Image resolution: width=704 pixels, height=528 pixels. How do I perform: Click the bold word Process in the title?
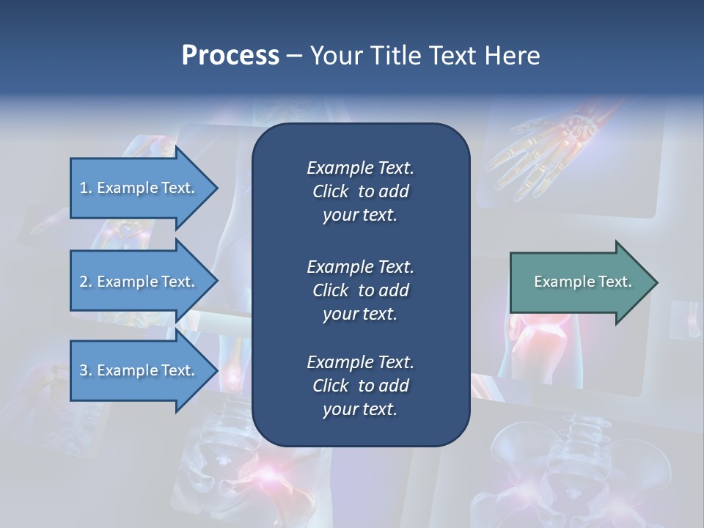pos(230,55)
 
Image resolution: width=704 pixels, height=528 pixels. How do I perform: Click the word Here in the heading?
pos(513,55)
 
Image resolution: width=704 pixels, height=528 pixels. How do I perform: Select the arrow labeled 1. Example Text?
pos(139,188)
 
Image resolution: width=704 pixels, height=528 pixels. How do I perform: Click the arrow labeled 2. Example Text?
pos(139,282)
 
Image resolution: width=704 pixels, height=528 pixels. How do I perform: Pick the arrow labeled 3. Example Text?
pos(139,370)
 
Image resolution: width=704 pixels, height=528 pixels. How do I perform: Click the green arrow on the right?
pos(579,282)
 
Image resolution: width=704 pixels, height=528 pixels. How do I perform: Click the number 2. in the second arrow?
pos(85,282)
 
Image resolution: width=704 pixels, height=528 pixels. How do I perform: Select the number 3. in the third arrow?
pos(85,370)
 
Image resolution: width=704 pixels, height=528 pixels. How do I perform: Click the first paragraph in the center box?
pos(360,191)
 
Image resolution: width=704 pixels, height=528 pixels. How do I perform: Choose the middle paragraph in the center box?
pos(360,290)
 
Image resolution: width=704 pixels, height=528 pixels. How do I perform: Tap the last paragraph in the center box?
pos(360,386)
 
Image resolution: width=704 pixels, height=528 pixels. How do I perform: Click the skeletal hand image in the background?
pos(543,147)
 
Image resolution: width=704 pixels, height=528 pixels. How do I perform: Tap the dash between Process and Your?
pos(294,56)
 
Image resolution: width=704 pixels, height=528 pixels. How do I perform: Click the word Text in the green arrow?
pos(616,282)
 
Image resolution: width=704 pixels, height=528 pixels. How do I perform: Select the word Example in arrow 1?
pos(126,188)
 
